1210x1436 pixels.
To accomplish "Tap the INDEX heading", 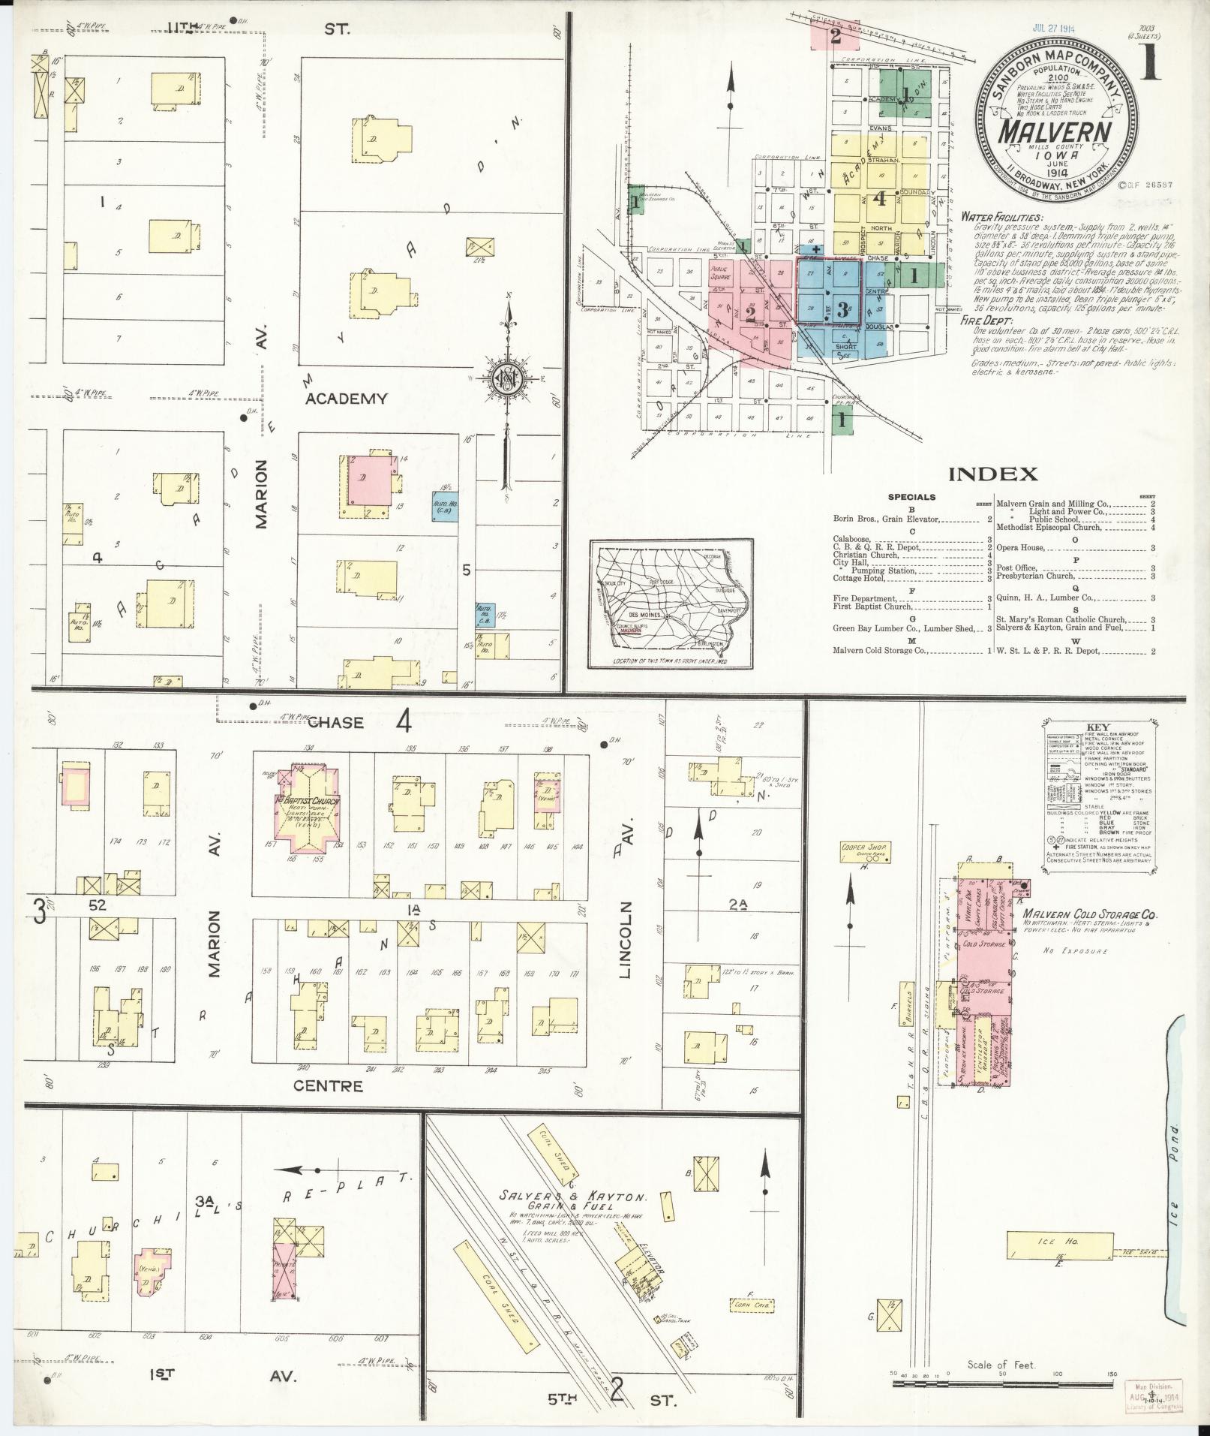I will [993, 474].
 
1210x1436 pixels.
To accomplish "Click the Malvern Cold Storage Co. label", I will [1089, 916].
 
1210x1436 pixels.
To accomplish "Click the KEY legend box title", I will [1097, 727].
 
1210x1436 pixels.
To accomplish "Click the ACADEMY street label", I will [346, 399].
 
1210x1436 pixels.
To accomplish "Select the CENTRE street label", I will [328, 1085].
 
